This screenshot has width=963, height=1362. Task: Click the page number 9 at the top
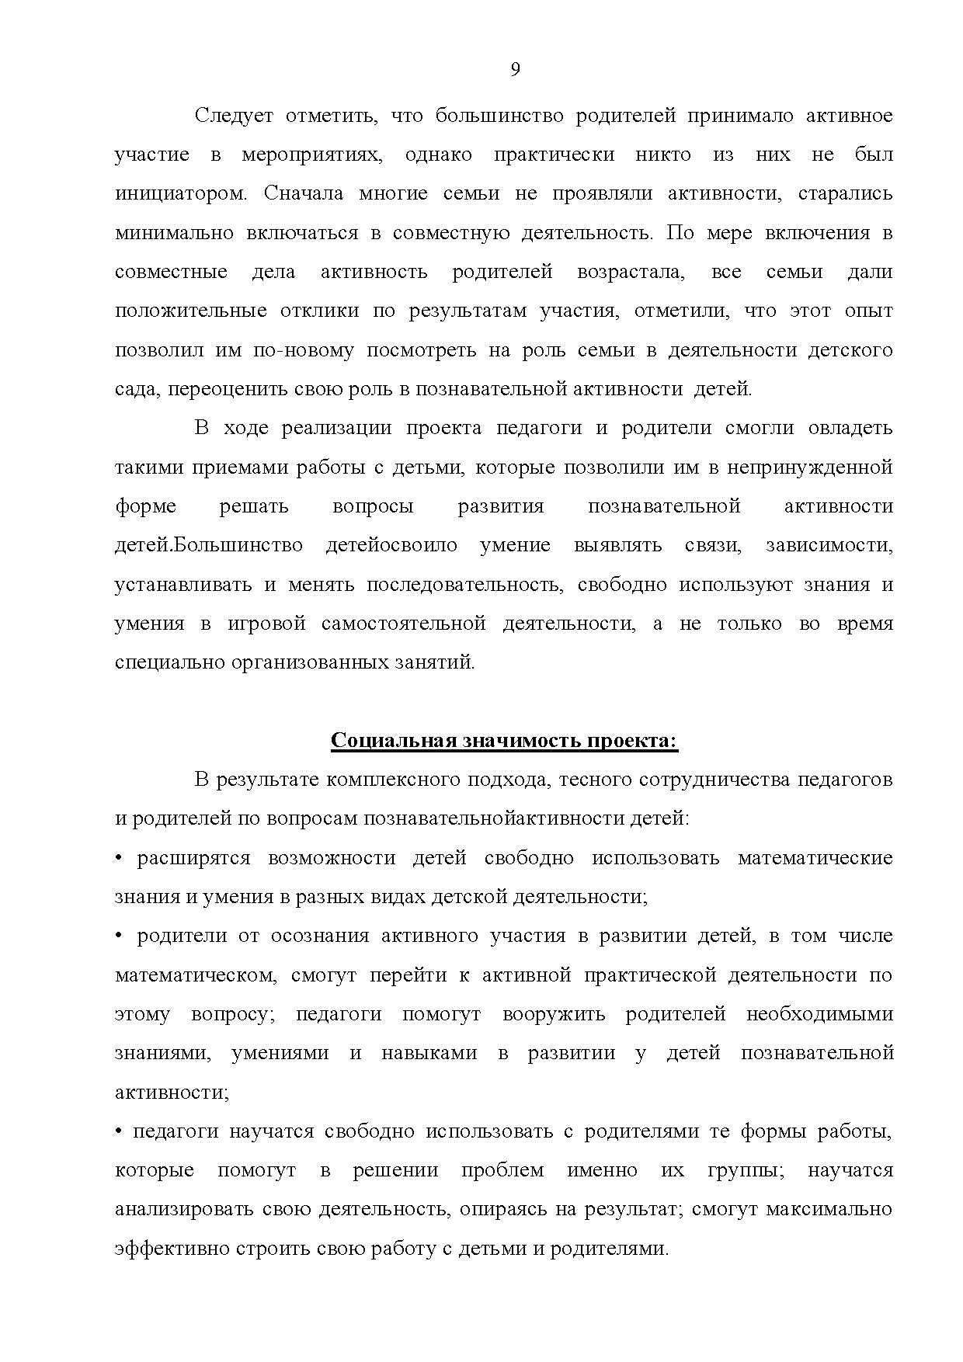516,70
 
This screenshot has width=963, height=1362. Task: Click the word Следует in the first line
234,116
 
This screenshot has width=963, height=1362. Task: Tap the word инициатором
181,193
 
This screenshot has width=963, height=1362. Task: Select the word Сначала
304,193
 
